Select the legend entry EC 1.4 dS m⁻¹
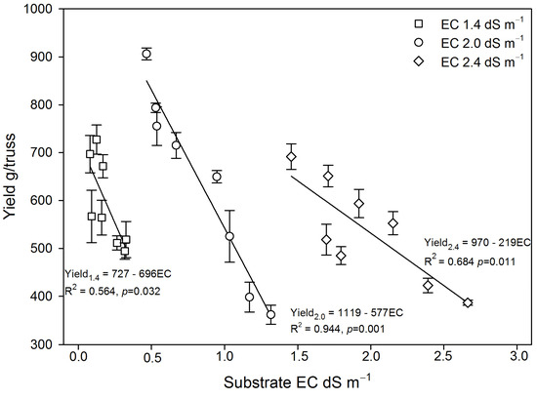pos(448,20)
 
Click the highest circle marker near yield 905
pos(146,54)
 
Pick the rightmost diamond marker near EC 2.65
pos(468,302)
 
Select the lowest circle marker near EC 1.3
pos(270,314)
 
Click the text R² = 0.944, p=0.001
pos(341,328)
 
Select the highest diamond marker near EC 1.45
pos(291,157)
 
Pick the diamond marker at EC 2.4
pos(428,285)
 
